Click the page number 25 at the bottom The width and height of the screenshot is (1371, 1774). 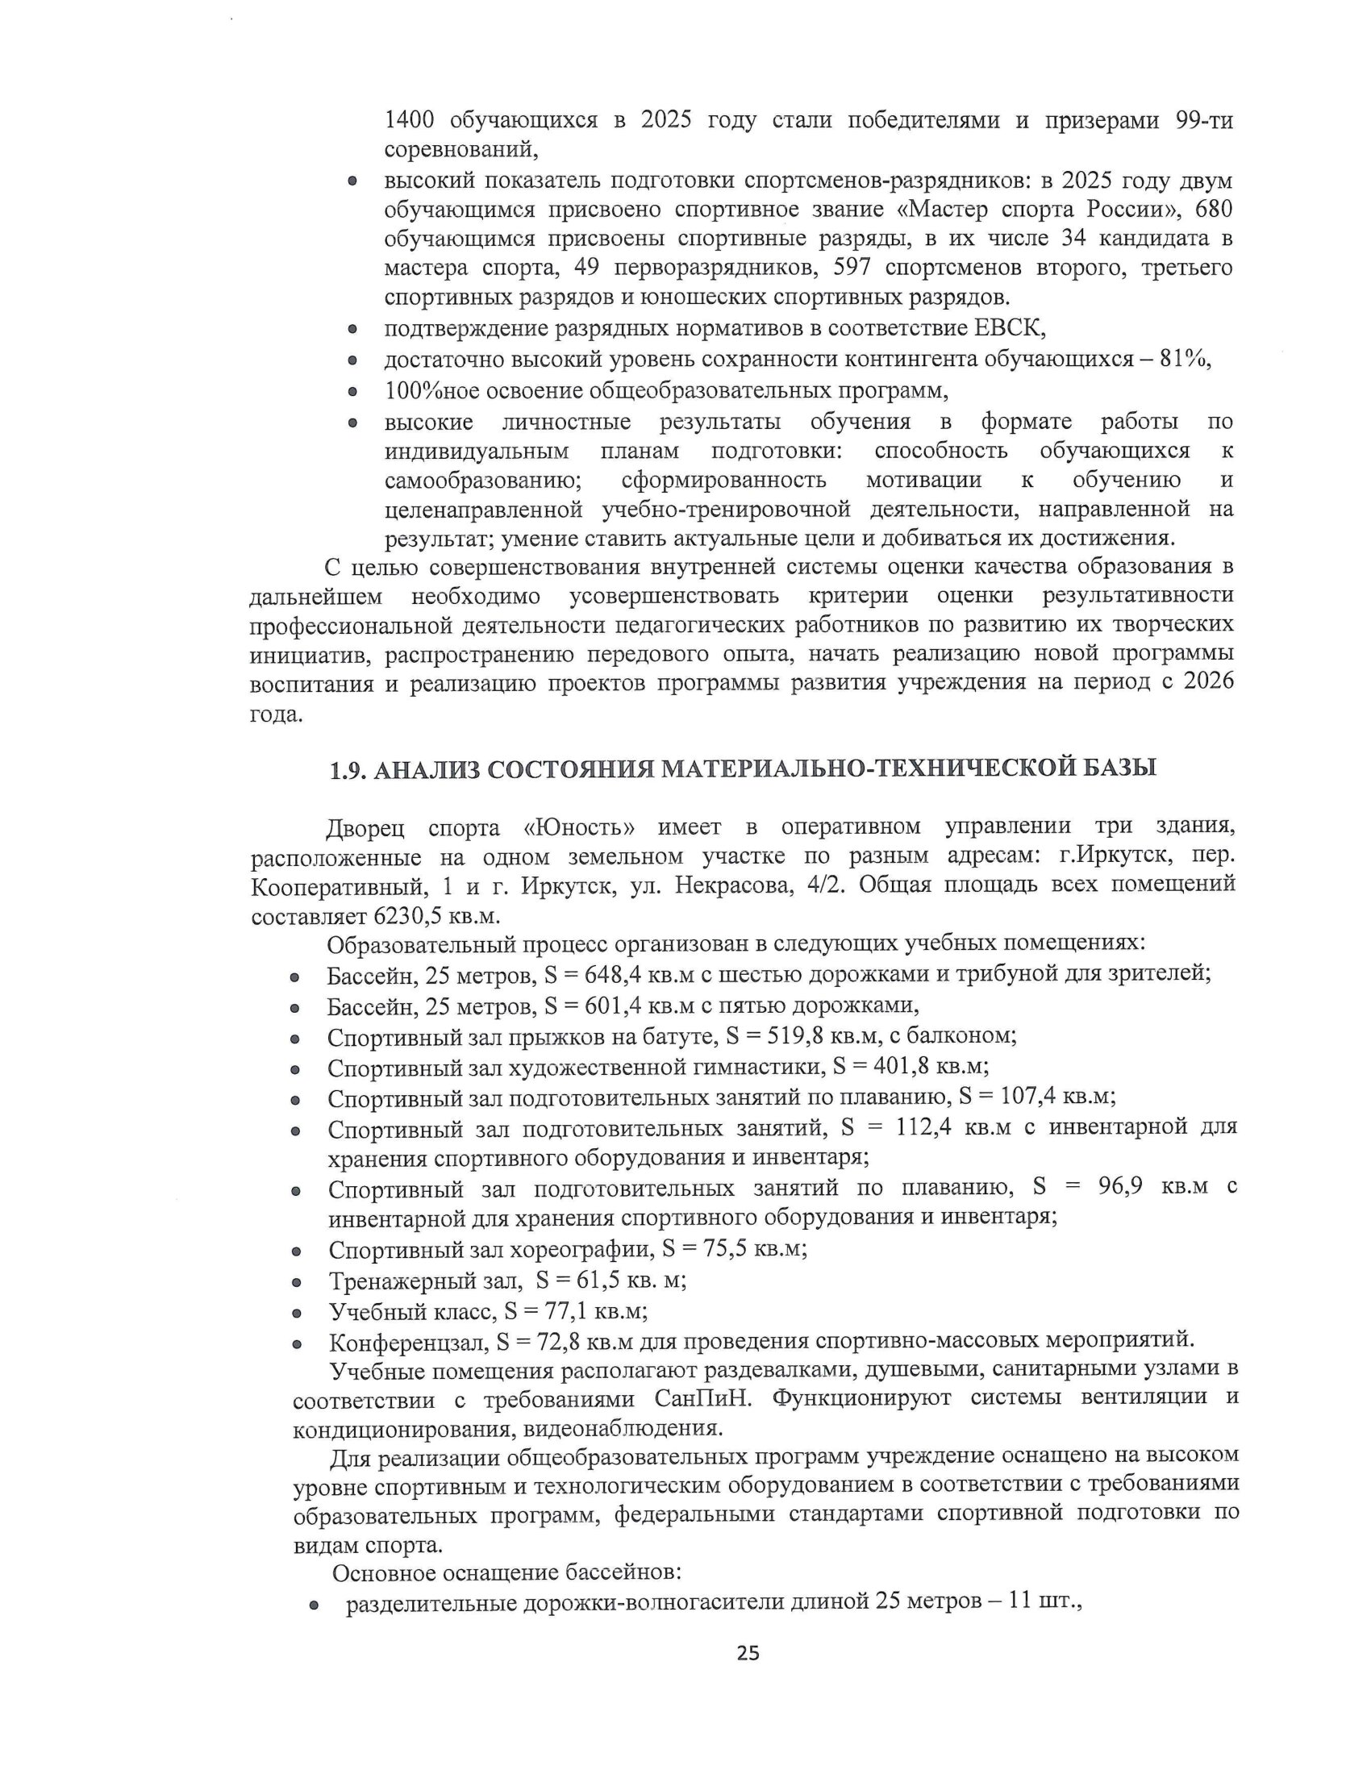click(x=748, y=1653)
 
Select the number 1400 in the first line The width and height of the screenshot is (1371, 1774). click(x=410, y=120)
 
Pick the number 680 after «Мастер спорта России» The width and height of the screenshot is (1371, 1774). click(x=1214, y=209)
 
